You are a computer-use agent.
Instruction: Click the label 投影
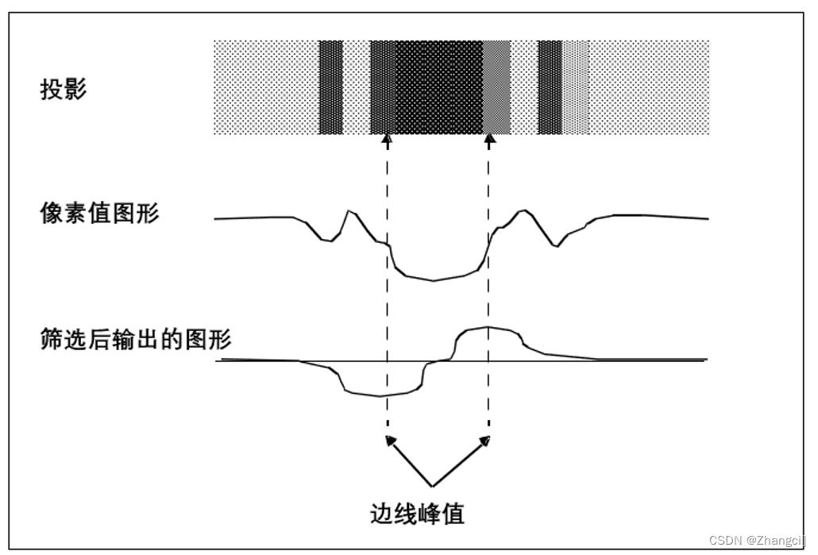(64, 89)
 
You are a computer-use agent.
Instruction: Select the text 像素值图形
(99, 213)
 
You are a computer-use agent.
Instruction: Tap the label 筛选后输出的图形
(136, 339)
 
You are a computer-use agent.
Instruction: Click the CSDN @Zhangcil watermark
(757, 540)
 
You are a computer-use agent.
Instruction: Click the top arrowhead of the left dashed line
(388, 141)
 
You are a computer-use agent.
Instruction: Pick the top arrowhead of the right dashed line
(489, 141)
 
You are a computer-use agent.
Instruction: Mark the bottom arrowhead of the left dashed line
(388, 438)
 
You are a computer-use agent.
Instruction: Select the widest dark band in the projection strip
(439, 87)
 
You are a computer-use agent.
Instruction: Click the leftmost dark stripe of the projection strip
(330, 87)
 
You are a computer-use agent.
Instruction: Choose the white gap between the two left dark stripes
(357, 87)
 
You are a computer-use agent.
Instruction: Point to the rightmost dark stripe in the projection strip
(550, 87)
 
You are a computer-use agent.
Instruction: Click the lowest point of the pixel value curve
(433, 280)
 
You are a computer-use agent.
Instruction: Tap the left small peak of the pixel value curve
(348, 210)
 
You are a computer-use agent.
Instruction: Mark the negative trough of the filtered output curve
(380, 395)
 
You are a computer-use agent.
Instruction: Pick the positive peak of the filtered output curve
(487, 327)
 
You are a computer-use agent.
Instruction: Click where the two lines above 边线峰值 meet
(433, 485)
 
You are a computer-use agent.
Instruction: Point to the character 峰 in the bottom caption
(429, 514)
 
